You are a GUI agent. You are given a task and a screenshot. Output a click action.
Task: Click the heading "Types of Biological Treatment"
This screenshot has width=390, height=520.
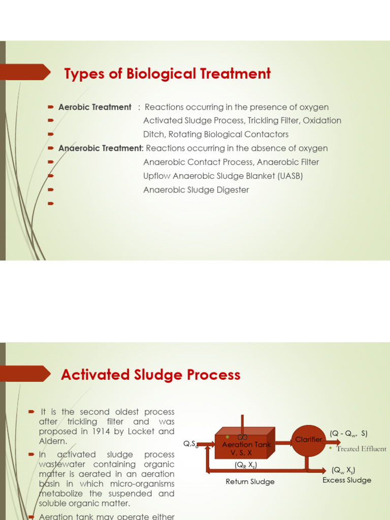click(168, 74)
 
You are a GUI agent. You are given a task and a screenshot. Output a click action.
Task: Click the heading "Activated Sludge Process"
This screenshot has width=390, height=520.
click(150, 375)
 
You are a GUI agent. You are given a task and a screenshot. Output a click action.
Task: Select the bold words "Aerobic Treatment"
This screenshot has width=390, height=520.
click(95, 107)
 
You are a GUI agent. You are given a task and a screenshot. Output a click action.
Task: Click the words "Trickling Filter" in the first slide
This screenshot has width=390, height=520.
click(274, 121)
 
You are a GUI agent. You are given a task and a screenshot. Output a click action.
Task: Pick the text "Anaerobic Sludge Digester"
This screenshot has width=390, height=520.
click(196, 190)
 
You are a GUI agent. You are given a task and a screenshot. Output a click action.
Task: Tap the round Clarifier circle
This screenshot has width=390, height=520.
click(308, 440)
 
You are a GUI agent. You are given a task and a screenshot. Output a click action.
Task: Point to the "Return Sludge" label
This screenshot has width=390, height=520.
click(250, 481)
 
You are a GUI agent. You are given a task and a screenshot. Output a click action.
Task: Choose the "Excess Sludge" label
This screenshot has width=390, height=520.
click(347, 480)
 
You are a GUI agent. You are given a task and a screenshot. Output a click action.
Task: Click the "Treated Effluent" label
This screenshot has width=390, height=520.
click(361, 449)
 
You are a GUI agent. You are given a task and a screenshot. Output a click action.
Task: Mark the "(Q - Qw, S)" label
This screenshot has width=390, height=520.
click(348, 434)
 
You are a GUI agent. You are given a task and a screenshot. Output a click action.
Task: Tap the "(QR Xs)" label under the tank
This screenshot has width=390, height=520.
click(246, 465)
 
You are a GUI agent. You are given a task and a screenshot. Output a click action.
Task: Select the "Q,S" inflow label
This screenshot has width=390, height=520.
click(190, 444)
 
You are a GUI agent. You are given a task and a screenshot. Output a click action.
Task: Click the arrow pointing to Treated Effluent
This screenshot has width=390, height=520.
click(332, 442)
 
